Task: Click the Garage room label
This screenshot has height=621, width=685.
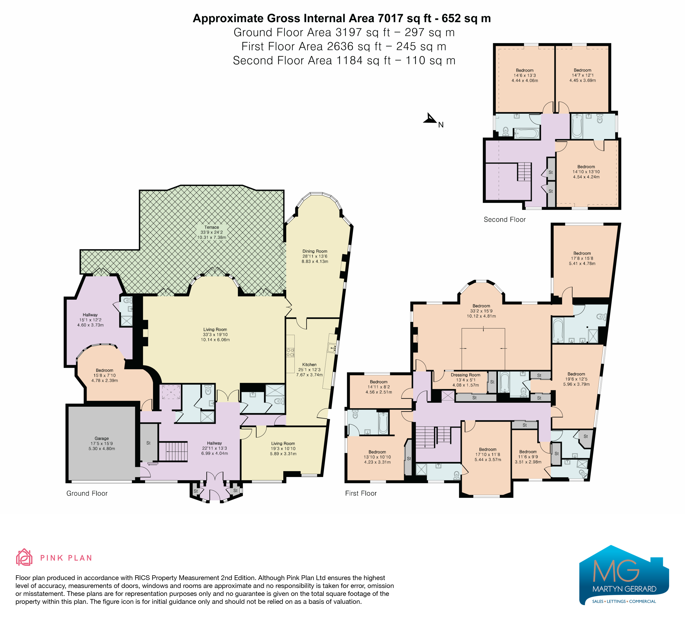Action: (101, 439)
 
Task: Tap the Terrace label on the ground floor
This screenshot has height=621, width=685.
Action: (212, 227)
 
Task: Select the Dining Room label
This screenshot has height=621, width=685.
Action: (315, 251)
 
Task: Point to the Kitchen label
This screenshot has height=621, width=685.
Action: (309, 364)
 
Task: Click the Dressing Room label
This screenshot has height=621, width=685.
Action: (465, 375)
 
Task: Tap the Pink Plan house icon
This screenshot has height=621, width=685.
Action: (24, 557)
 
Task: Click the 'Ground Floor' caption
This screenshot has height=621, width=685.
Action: (87, 493)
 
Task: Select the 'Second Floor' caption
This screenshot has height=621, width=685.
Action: (505, 219)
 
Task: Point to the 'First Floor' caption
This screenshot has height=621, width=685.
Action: (361, 493)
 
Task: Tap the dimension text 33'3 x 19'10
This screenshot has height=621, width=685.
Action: (215, 335)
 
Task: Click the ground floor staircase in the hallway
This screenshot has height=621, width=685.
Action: (173, 452)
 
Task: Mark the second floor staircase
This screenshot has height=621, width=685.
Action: (524, 172)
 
